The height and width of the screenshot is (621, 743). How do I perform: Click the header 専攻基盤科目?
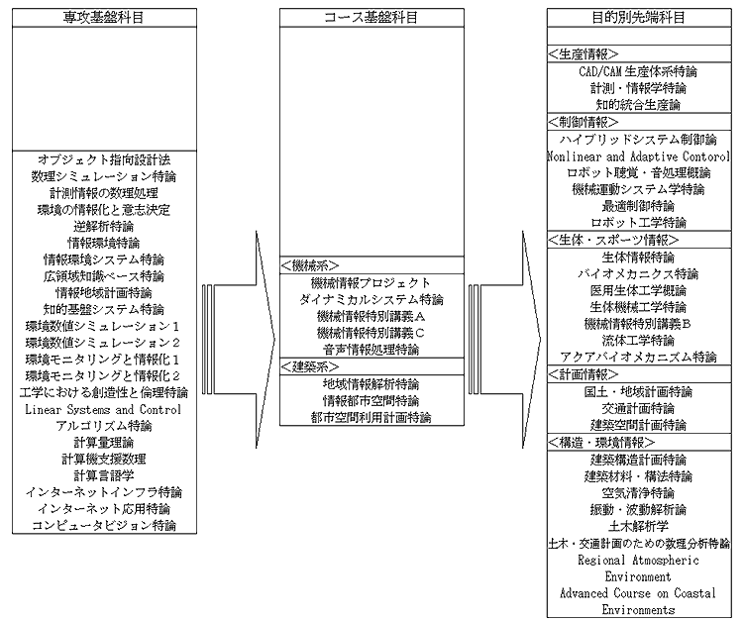pos(104,18)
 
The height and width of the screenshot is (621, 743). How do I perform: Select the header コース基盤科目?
pos(371,18)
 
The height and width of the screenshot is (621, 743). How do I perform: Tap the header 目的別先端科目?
pos(639,18)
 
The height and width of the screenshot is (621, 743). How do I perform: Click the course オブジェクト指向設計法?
pos(104,159)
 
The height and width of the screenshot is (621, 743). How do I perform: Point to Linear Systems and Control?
pos(103,409)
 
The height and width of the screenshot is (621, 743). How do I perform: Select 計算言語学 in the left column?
pos(104,475)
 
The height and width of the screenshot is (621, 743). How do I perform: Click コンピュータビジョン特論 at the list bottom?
pos(104,525)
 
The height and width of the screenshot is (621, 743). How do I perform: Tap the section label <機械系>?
pos(310,265)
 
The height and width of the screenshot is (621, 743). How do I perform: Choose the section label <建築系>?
pos(310,367)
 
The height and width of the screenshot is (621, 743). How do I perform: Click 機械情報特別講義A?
pos(371,316)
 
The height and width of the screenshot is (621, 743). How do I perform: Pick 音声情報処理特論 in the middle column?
pos(371,350)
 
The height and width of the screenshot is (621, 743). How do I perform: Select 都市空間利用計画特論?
pos(371,418)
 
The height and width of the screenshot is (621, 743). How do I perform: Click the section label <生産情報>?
pos(584,54)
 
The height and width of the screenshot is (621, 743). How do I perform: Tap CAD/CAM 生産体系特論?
pos(638,71)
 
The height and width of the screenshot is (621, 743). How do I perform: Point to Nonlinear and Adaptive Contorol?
pos(638,156)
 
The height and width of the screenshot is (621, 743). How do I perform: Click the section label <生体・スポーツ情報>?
pos(613,240)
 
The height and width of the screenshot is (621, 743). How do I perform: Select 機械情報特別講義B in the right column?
pos(638,324)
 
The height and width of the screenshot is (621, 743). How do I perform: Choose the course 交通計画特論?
pos(638,408)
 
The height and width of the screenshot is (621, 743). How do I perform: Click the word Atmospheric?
pos(666,561)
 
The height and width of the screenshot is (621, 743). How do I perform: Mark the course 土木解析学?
pos(638,526)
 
